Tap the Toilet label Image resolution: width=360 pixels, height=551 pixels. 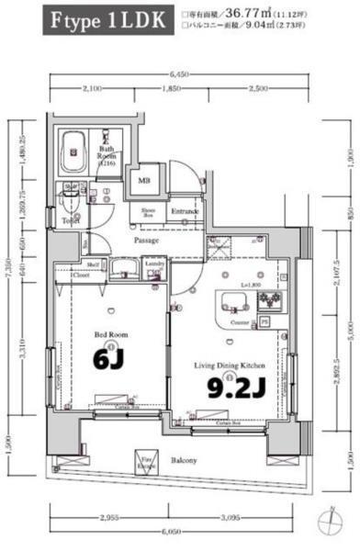click(x=70, y=221)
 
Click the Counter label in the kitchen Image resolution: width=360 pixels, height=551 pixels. click(x=240, y=323)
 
